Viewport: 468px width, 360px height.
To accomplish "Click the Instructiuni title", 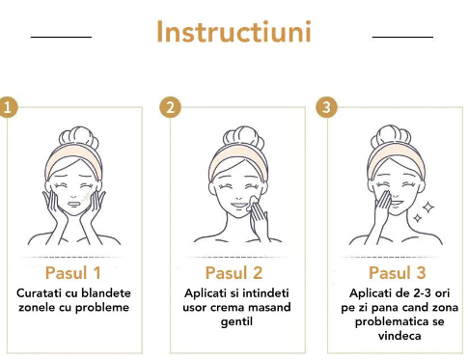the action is [x=234, y=32].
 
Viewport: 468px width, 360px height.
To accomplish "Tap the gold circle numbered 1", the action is [x=8, y=107].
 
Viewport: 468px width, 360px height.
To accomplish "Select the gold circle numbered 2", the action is [x=170, y=107].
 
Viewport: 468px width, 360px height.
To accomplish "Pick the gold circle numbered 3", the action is [x=326, y=107].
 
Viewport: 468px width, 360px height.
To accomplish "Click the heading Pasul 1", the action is [x=73, y=273].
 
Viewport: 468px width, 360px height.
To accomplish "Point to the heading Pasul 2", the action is [x=234, y=273].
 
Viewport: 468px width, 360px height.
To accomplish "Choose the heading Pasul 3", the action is [x=398, y=273].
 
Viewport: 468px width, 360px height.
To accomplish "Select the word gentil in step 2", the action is [x=236, y=321].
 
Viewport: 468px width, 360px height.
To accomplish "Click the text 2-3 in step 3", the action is [x=419, y=293].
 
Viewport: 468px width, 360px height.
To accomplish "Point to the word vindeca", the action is [x=399, y=336].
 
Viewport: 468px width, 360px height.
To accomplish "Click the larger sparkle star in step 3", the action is [x=428, y=208].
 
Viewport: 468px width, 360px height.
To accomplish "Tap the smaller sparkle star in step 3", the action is [x=418, y=218].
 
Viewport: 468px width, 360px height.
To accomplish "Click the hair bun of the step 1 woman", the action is [x=79, y=138].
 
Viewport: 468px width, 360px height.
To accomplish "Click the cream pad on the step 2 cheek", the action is [x=252, y=203].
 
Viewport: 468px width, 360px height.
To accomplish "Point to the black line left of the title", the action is [x=61, y=37].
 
